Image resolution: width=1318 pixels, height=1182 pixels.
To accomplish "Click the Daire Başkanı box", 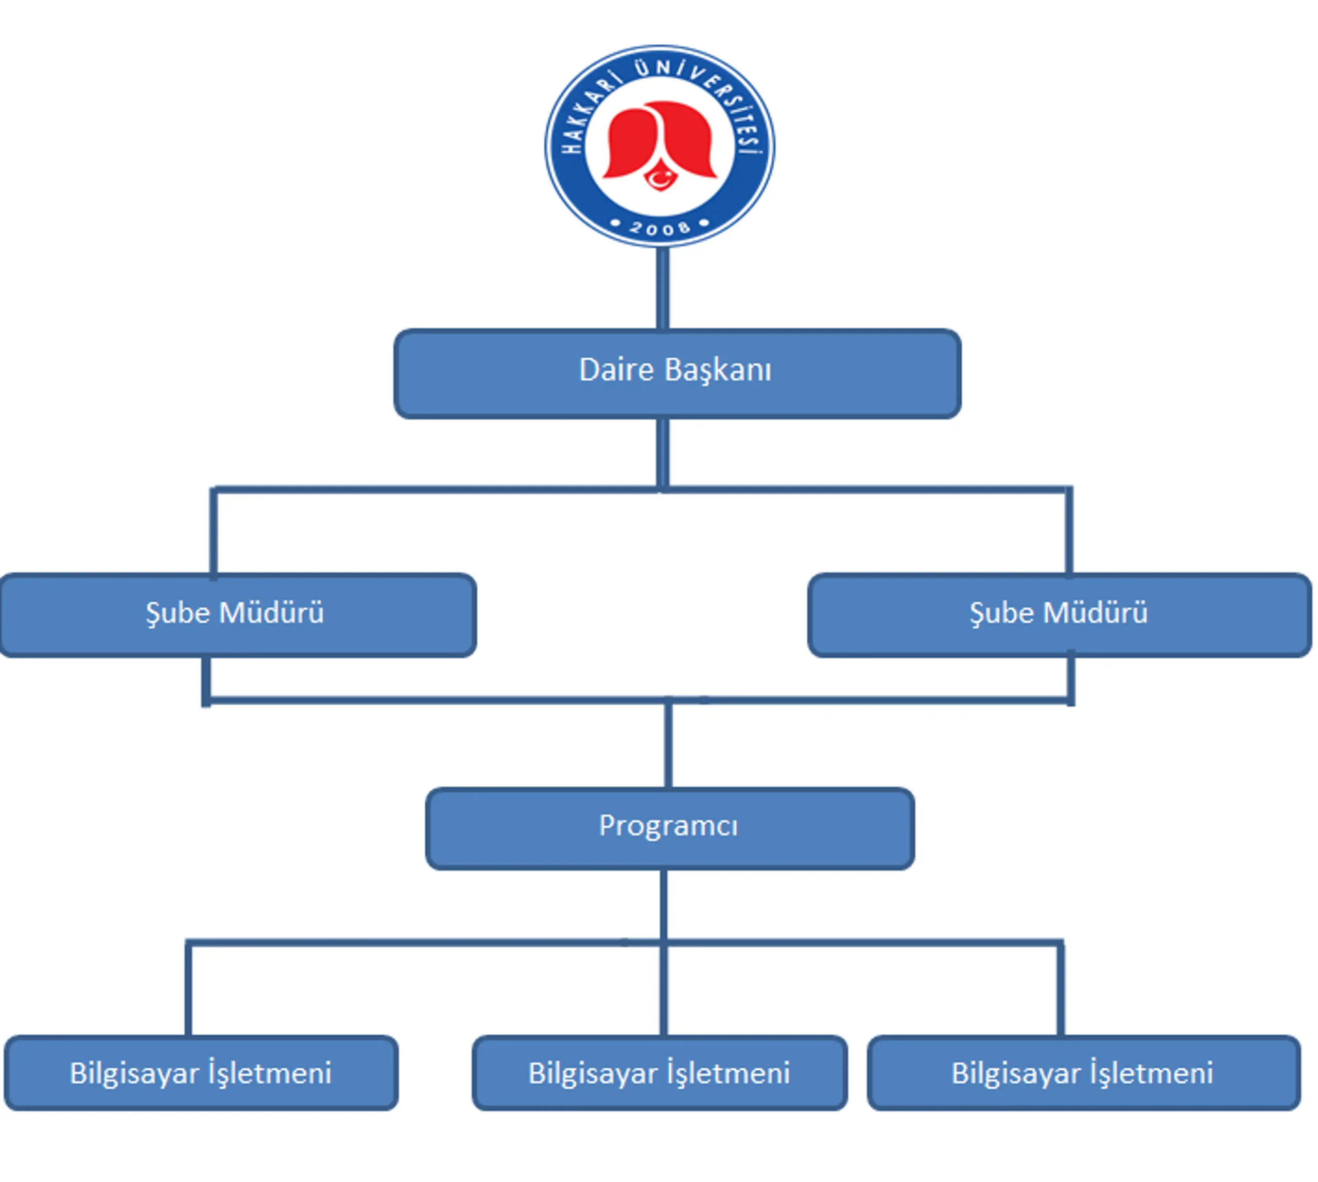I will pos(677,373).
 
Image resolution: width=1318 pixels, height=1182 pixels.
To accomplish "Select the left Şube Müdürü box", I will pos(238,614).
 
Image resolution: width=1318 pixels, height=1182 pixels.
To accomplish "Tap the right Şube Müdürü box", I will pos(1060,614).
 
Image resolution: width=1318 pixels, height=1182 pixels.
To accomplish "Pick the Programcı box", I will pos(670,828).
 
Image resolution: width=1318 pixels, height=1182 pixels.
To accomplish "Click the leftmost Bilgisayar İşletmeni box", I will pos(201,1072).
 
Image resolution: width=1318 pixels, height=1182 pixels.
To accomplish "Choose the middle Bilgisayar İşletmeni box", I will pos(660,1072).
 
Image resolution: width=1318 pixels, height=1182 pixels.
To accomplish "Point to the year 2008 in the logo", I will pos(660,228).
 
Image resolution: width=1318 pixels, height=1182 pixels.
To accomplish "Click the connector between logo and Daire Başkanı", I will pos(662,288).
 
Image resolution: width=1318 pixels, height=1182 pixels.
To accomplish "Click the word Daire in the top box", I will pos(616,370).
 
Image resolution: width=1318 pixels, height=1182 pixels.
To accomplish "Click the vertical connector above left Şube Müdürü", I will pos(213,532).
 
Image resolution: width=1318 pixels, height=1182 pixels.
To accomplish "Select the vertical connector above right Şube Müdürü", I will pos(1069,532).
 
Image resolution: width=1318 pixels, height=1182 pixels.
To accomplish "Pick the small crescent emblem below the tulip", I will pos(660,177).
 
